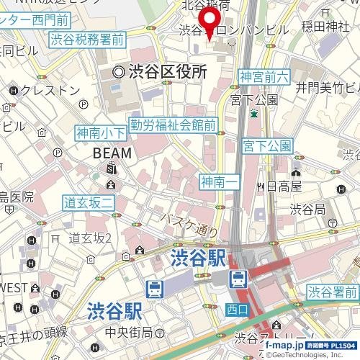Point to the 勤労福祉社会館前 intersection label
click(x=173, y=125)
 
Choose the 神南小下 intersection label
click(x=101, y=132)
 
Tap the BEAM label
click(x=112, y=153)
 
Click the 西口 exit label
click(x=236, y=309)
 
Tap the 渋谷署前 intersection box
click(x=333, y=292)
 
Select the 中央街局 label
click(x=129, y=332)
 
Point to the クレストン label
click(x=51, y=90)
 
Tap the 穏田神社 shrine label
click(x=325, y=28)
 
